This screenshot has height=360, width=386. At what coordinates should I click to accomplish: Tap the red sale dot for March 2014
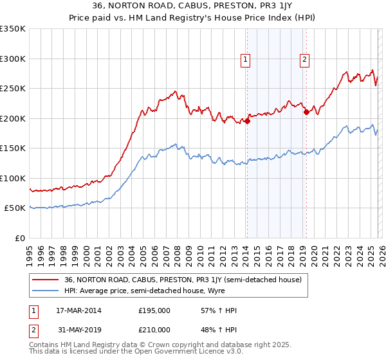(247, 121)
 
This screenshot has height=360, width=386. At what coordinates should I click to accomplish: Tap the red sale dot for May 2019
(306, 112)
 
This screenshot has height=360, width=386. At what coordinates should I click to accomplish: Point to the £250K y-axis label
(13, 89)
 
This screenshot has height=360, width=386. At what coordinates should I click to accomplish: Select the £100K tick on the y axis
(13, 178)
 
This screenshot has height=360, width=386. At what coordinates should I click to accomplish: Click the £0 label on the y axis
(20, 238)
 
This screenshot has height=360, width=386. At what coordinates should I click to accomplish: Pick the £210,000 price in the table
(154, 329)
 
